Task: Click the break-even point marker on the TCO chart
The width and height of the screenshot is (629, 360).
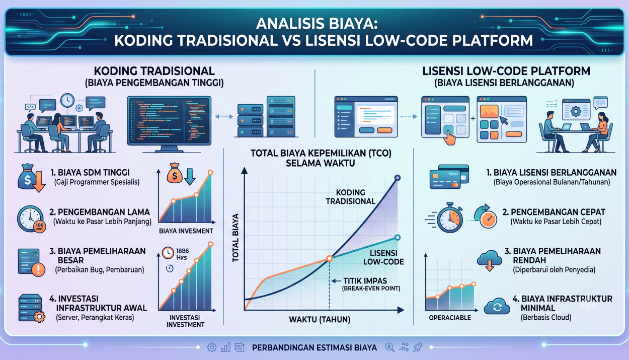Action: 330,258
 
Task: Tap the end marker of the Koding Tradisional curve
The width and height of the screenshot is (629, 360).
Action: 398,178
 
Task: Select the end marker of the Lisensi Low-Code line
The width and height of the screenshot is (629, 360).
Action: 398,238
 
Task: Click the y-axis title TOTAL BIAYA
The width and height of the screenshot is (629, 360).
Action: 235,238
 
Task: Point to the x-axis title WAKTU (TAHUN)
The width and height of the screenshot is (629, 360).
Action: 320,320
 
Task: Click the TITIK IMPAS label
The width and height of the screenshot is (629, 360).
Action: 365,281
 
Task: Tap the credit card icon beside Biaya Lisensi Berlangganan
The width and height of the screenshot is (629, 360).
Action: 449,177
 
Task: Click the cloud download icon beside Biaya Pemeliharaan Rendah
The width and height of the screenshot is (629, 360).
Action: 490,260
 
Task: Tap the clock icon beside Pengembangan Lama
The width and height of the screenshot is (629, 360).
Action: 30,219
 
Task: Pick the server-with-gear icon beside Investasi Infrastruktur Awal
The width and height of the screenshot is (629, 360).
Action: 31,308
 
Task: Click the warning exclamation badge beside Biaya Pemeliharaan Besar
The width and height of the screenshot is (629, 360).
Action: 38,269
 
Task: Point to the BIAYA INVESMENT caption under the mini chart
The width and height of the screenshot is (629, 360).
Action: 186,231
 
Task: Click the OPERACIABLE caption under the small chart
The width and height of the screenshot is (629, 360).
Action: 450,318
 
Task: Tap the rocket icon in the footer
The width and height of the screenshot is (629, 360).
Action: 418,347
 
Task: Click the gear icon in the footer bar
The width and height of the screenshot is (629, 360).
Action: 212,347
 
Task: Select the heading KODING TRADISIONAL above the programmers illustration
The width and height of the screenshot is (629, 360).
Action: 154,71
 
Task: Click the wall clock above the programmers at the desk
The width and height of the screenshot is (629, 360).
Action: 67,100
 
